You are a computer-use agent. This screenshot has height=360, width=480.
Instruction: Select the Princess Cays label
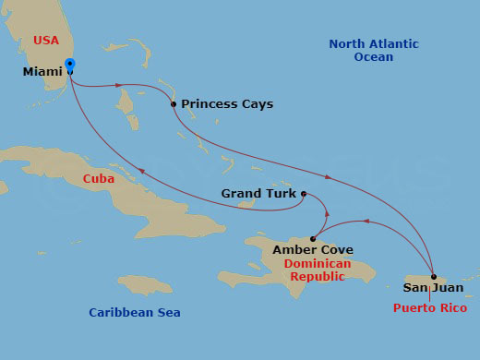[x=227, y=104]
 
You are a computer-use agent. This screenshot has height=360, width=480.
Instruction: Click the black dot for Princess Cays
[x=174, y=104]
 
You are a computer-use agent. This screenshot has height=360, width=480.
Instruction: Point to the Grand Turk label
[x=258, y=194]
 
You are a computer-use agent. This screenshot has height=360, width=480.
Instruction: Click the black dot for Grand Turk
[x=304, y=194]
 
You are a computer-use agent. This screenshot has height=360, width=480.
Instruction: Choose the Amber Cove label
[x=313, y=249]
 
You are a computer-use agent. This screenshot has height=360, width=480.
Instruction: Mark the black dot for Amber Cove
[x=313, y=238]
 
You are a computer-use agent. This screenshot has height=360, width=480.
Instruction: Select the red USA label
[x=45, y=41]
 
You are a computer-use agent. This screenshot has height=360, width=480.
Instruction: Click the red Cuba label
[x=99, y=179]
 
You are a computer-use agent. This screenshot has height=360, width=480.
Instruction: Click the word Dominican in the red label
[x=318, y=264]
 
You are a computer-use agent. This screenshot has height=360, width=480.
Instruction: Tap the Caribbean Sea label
[x=135, y=313]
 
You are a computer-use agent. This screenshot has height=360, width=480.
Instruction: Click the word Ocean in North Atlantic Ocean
[x=373, y=57]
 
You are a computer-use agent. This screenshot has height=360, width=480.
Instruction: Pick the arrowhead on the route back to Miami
[x=141, y=169]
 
